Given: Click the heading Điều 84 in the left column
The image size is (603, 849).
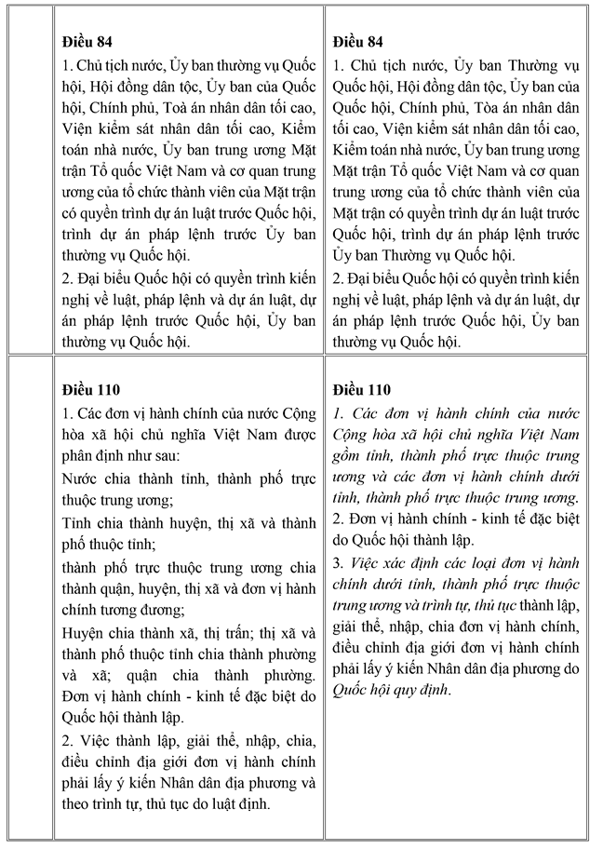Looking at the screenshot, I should coord(87,42).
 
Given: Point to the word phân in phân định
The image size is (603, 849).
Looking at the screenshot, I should coord(79,456).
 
